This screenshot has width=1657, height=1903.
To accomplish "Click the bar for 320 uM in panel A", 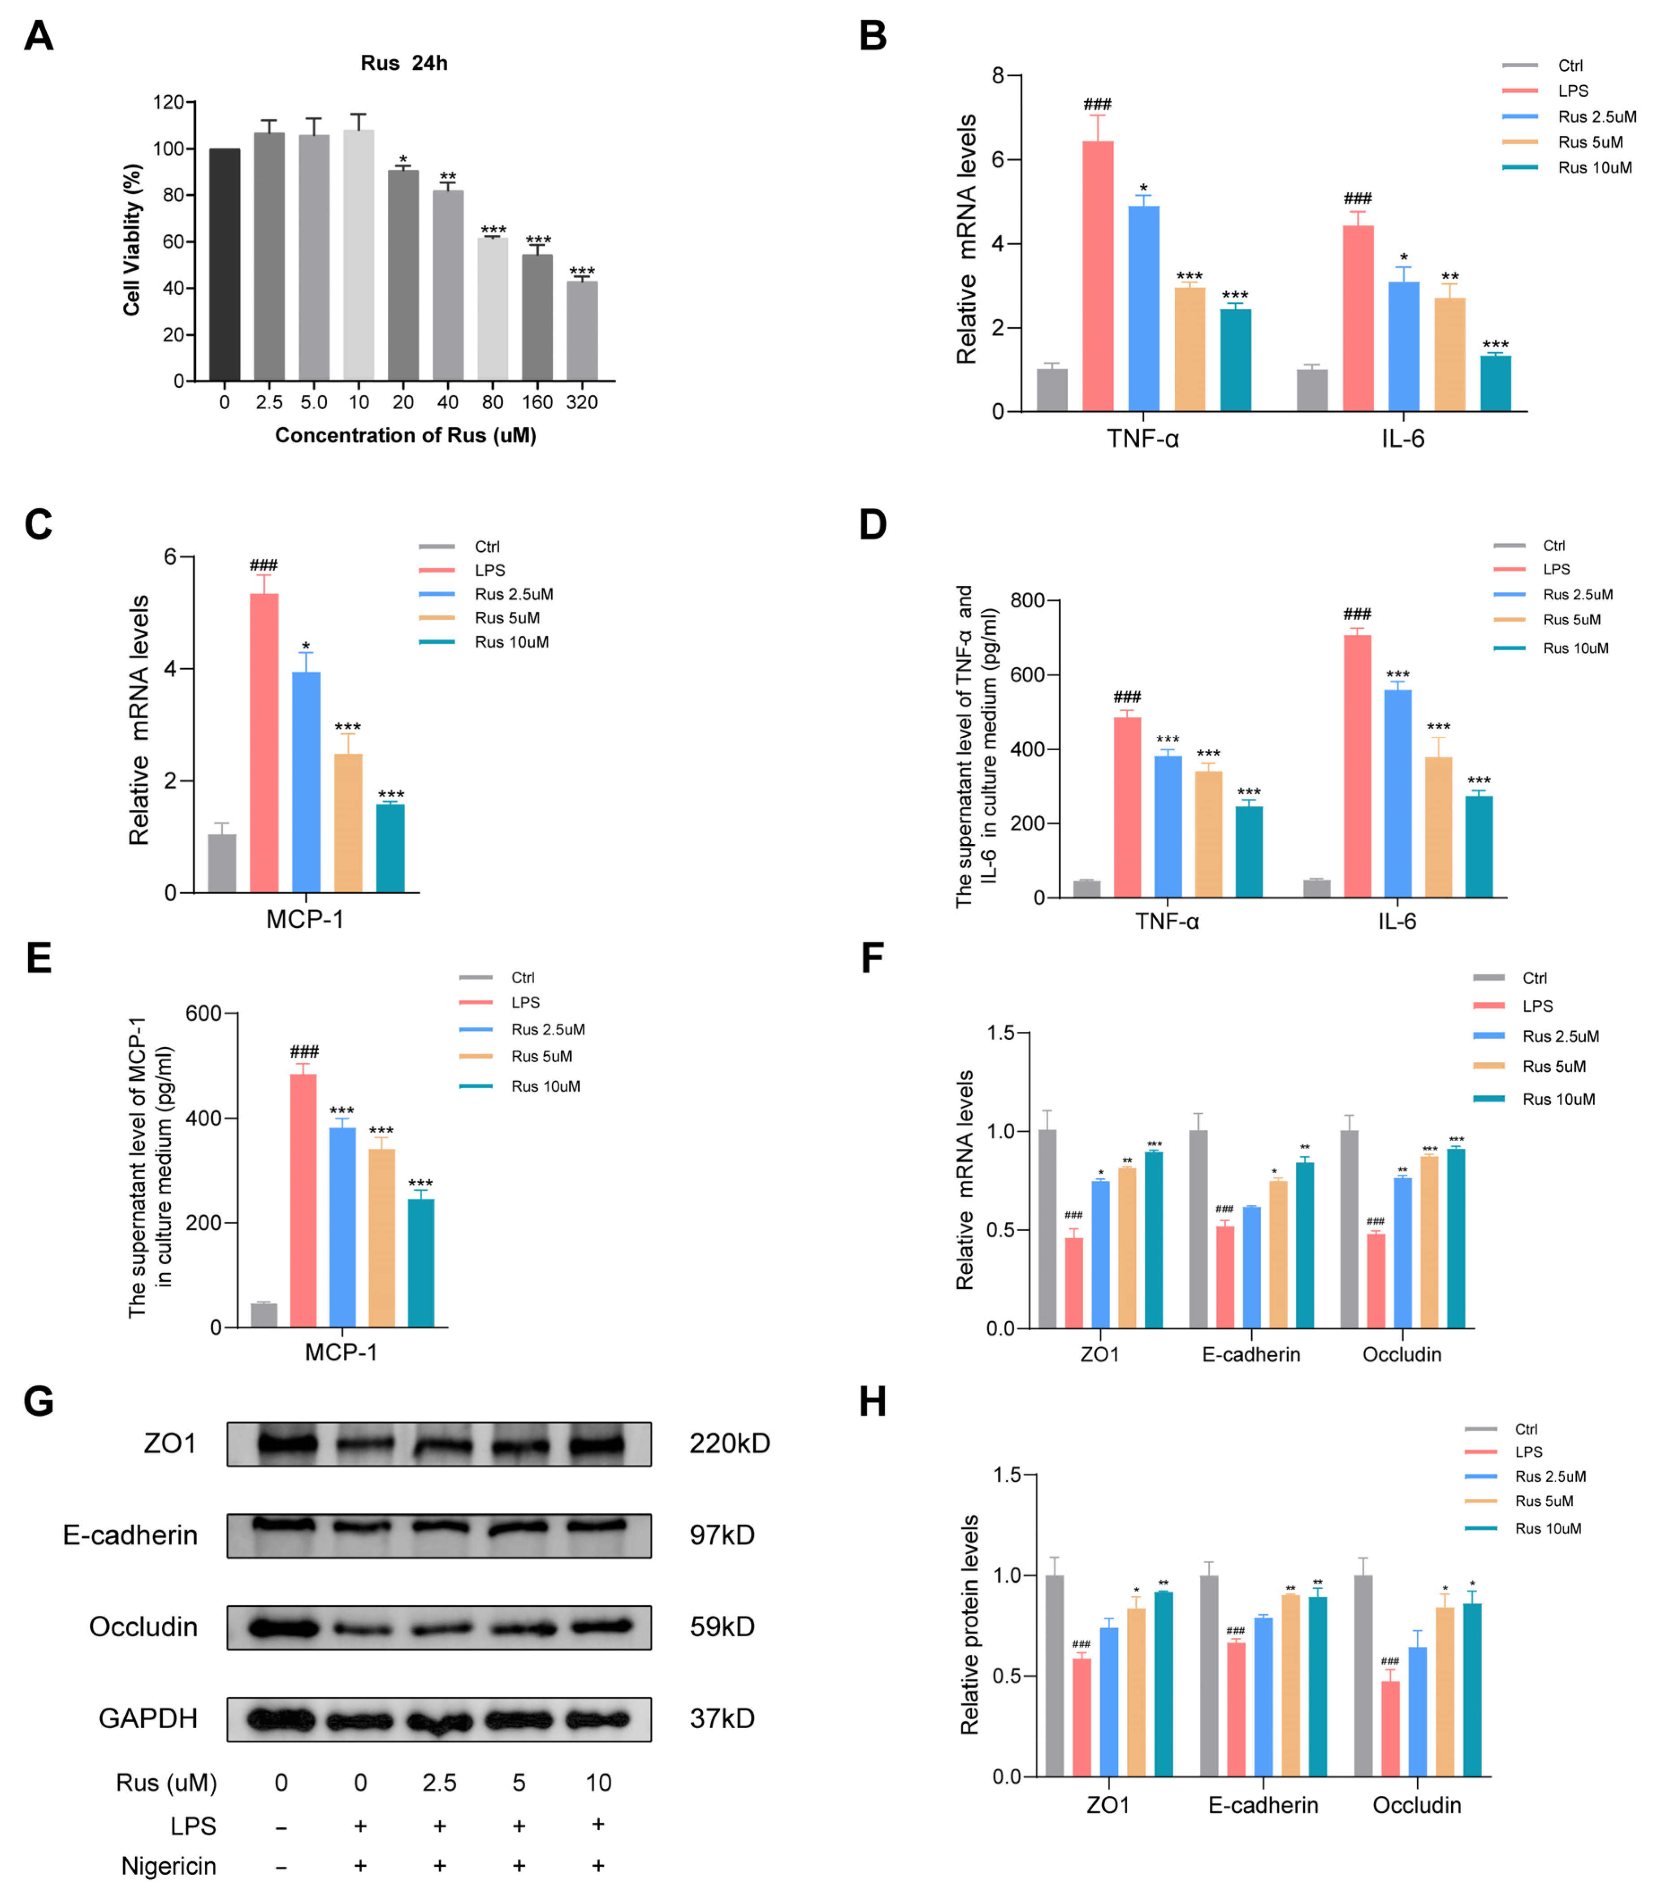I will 582,331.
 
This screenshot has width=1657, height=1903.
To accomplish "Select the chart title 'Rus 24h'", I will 404,63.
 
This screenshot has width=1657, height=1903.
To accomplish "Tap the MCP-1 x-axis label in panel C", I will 305,919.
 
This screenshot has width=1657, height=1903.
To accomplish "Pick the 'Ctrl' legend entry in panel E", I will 523,977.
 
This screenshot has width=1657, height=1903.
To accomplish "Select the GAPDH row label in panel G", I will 148,1718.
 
